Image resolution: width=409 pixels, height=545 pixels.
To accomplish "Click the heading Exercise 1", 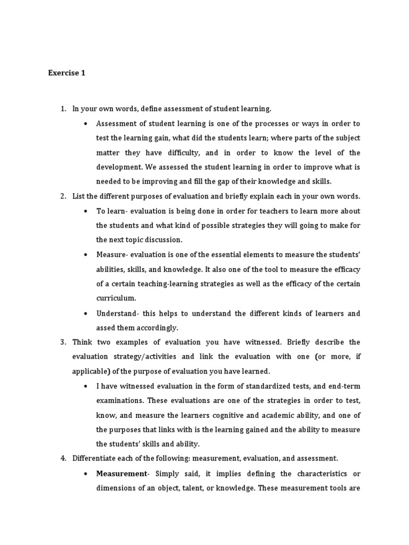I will click(67, 73).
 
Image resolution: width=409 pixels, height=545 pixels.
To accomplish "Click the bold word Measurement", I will click(121, 473).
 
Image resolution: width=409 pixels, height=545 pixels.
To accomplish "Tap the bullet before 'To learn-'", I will click(86, 211).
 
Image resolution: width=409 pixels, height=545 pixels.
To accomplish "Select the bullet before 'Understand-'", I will click(86, 313).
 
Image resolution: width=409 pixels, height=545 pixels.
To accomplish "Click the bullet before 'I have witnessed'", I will click(86, 385).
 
